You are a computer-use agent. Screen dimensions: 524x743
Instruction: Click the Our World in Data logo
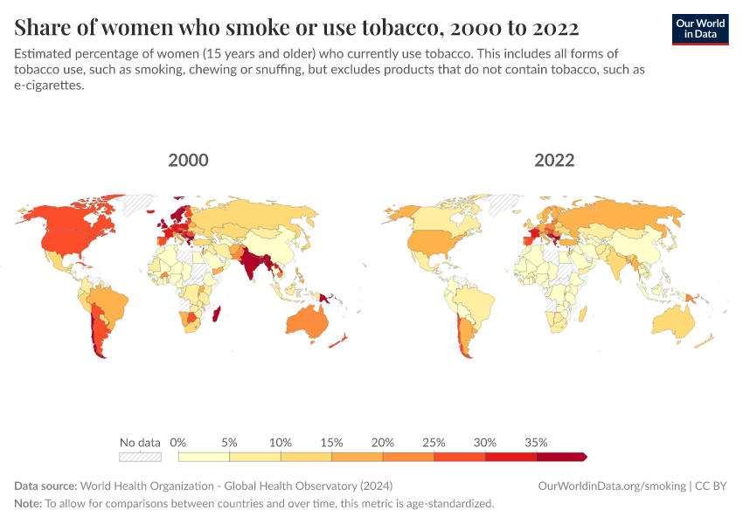click(x=699, y=28)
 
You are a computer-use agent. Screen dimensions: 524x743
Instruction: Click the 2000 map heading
click(x=188, y=161)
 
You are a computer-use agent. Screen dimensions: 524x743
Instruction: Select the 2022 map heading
click(x=554, y=161)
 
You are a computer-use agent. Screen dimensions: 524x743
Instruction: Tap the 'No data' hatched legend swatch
click(x=141, y=456)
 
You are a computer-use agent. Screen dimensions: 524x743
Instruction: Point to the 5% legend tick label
click(x=229, y=442)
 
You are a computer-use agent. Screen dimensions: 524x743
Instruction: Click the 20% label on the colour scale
click(x=383, y=442)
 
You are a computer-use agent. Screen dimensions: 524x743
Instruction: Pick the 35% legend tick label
click(x=536, y=442)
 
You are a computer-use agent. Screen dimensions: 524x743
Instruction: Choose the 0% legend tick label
click(x=178, y=442)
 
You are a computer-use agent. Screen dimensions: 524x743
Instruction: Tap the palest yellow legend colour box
click(x=204, y=456)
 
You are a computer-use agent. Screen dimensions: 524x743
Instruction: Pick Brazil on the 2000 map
click(x=110, y=302)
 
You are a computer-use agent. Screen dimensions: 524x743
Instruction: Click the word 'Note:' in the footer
click(x=28, y=504)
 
